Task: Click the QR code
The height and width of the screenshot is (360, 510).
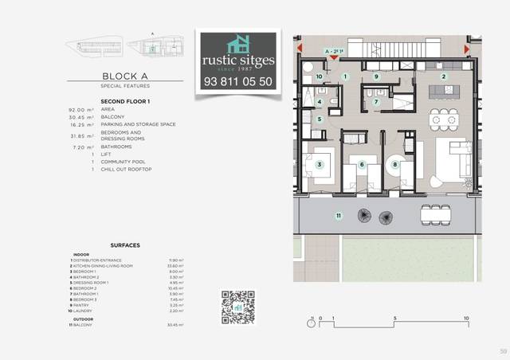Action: coord(237,307)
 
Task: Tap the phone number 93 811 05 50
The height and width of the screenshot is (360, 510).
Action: coord(238,81)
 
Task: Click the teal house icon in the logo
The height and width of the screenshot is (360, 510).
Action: coord(238,45)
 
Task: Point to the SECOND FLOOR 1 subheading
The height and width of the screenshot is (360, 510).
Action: coord(126,101)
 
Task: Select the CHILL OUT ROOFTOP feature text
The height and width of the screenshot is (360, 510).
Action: coord(126,170)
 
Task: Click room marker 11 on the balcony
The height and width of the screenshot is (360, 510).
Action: coord(338,215)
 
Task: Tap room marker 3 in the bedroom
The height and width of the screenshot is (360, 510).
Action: coord(319,165)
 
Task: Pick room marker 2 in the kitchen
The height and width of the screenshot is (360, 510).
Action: coord(444,76)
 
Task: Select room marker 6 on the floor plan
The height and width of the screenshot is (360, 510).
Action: coord(362,165)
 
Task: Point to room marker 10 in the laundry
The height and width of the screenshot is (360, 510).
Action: coord(319,76)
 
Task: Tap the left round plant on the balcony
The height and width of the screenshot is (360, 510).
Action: coord(364,216)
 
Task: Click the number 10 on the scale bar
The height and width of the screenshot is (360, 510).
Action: coord(465,318)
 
